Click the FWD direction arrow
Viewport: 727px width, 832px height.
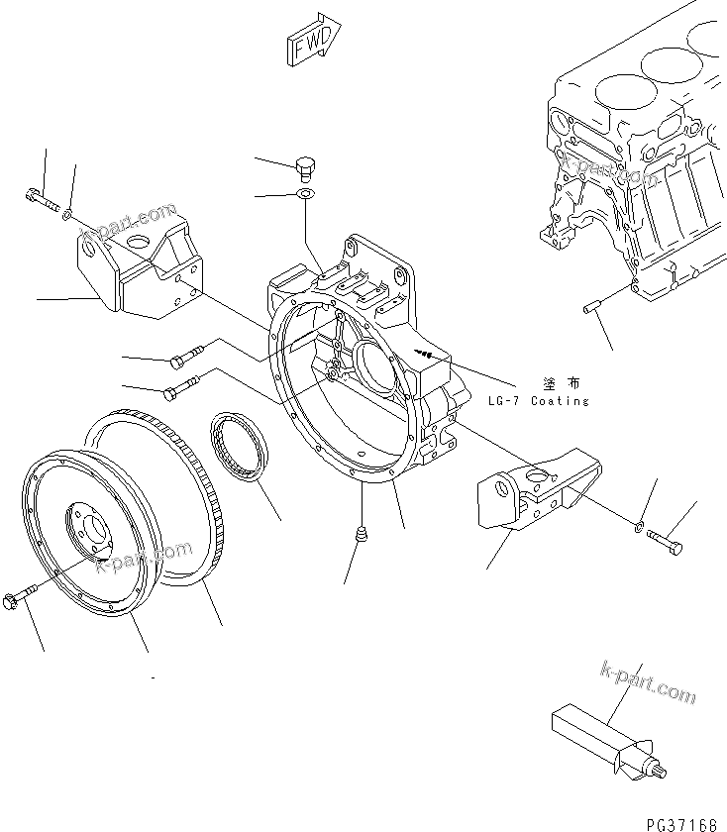(313, 41)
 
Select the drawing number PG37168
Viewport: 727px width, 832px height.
(684, 822)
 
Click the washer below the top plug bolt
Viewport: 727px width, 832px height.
(306, 193)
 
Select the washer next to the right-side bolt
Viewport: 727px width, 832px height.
(641, 524)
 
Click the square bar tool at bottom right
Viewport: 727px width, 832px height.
(594, 728)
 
